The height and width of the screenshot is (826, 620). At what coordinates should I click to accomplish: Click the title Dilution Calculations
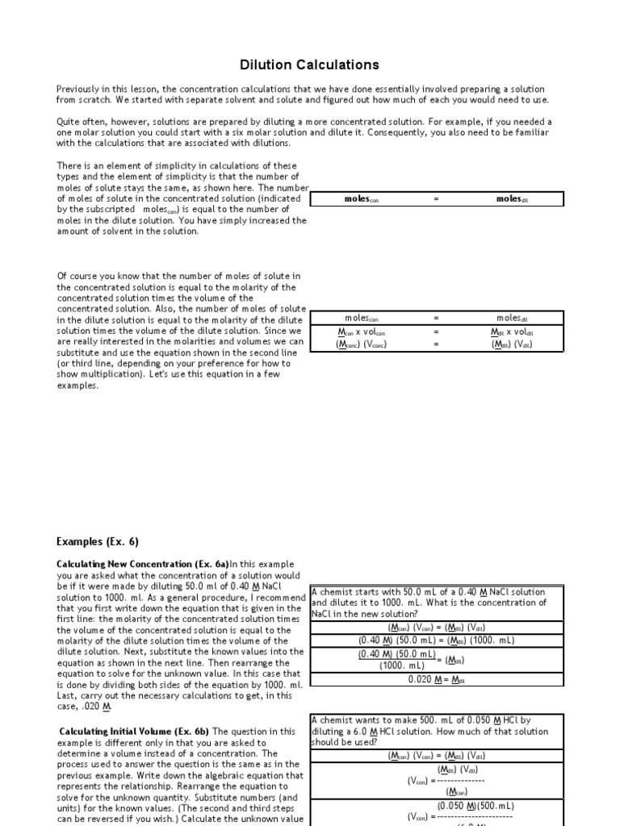pyautogui.click(x=310, y=65)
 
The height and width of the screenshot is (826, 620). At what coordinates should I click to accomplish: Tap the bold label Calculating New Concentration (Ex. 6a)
pyautogui.click(x=143, y=564)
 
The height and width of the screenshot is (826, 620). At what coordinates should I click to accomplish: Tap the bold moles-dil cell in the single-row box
pyautogui.click(x=512, y=199)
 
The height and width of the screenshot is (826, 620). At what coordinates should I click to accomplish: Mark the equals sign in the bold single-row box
pyautogui.click(x=436, y=199)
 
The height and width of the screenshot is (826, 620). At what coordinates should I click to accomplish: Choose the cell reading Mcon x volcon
pyautogui.click(x=361, y=332)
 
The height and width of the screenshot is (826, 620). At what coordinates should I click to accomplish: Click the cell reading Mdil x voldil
pyautogui.click(x=512, y=332)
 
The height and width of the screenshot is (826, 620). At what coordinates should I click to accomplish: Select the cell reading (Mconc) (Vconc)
pyautogui.click(x=361, y=344)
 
